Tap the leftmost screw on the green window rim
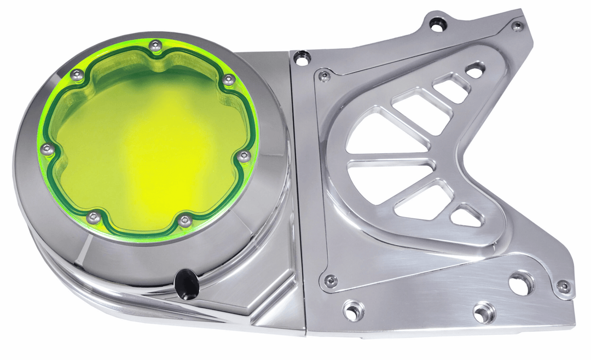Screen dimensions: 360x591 point(48,149)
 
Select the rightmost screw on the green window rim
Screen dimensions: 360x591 point(245,156)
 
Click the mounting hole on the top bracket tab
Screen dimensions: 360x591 point(436,24)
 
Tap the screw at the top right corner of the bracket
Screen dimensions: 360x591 point(517,25)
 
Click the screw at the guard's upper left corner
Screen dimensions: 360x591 point(325,76)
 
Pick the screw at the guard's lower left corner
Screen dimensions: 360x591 point(330,281)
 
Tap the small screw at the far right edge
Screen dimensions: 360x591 point(563,286)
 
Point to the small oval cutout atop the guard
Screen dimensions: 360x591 point(474,70)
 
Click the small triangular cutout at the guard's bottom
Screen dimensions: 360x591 point(467,216)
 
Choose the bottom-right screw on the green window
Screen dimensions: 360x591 point(186,220)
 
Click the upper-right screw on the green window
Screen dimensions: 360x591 point(229,80)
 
